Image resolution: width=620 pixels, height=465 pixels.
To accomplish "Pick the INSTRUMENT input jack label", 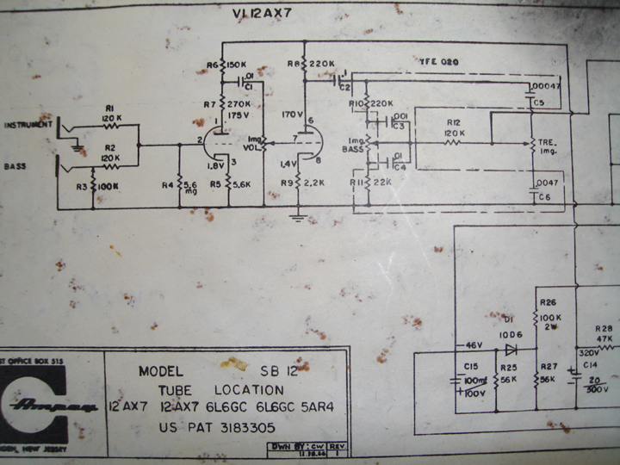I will coord(28,125).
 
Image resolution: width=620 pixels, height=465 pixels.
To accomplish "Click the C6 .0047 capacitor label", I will coord(545,189).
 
